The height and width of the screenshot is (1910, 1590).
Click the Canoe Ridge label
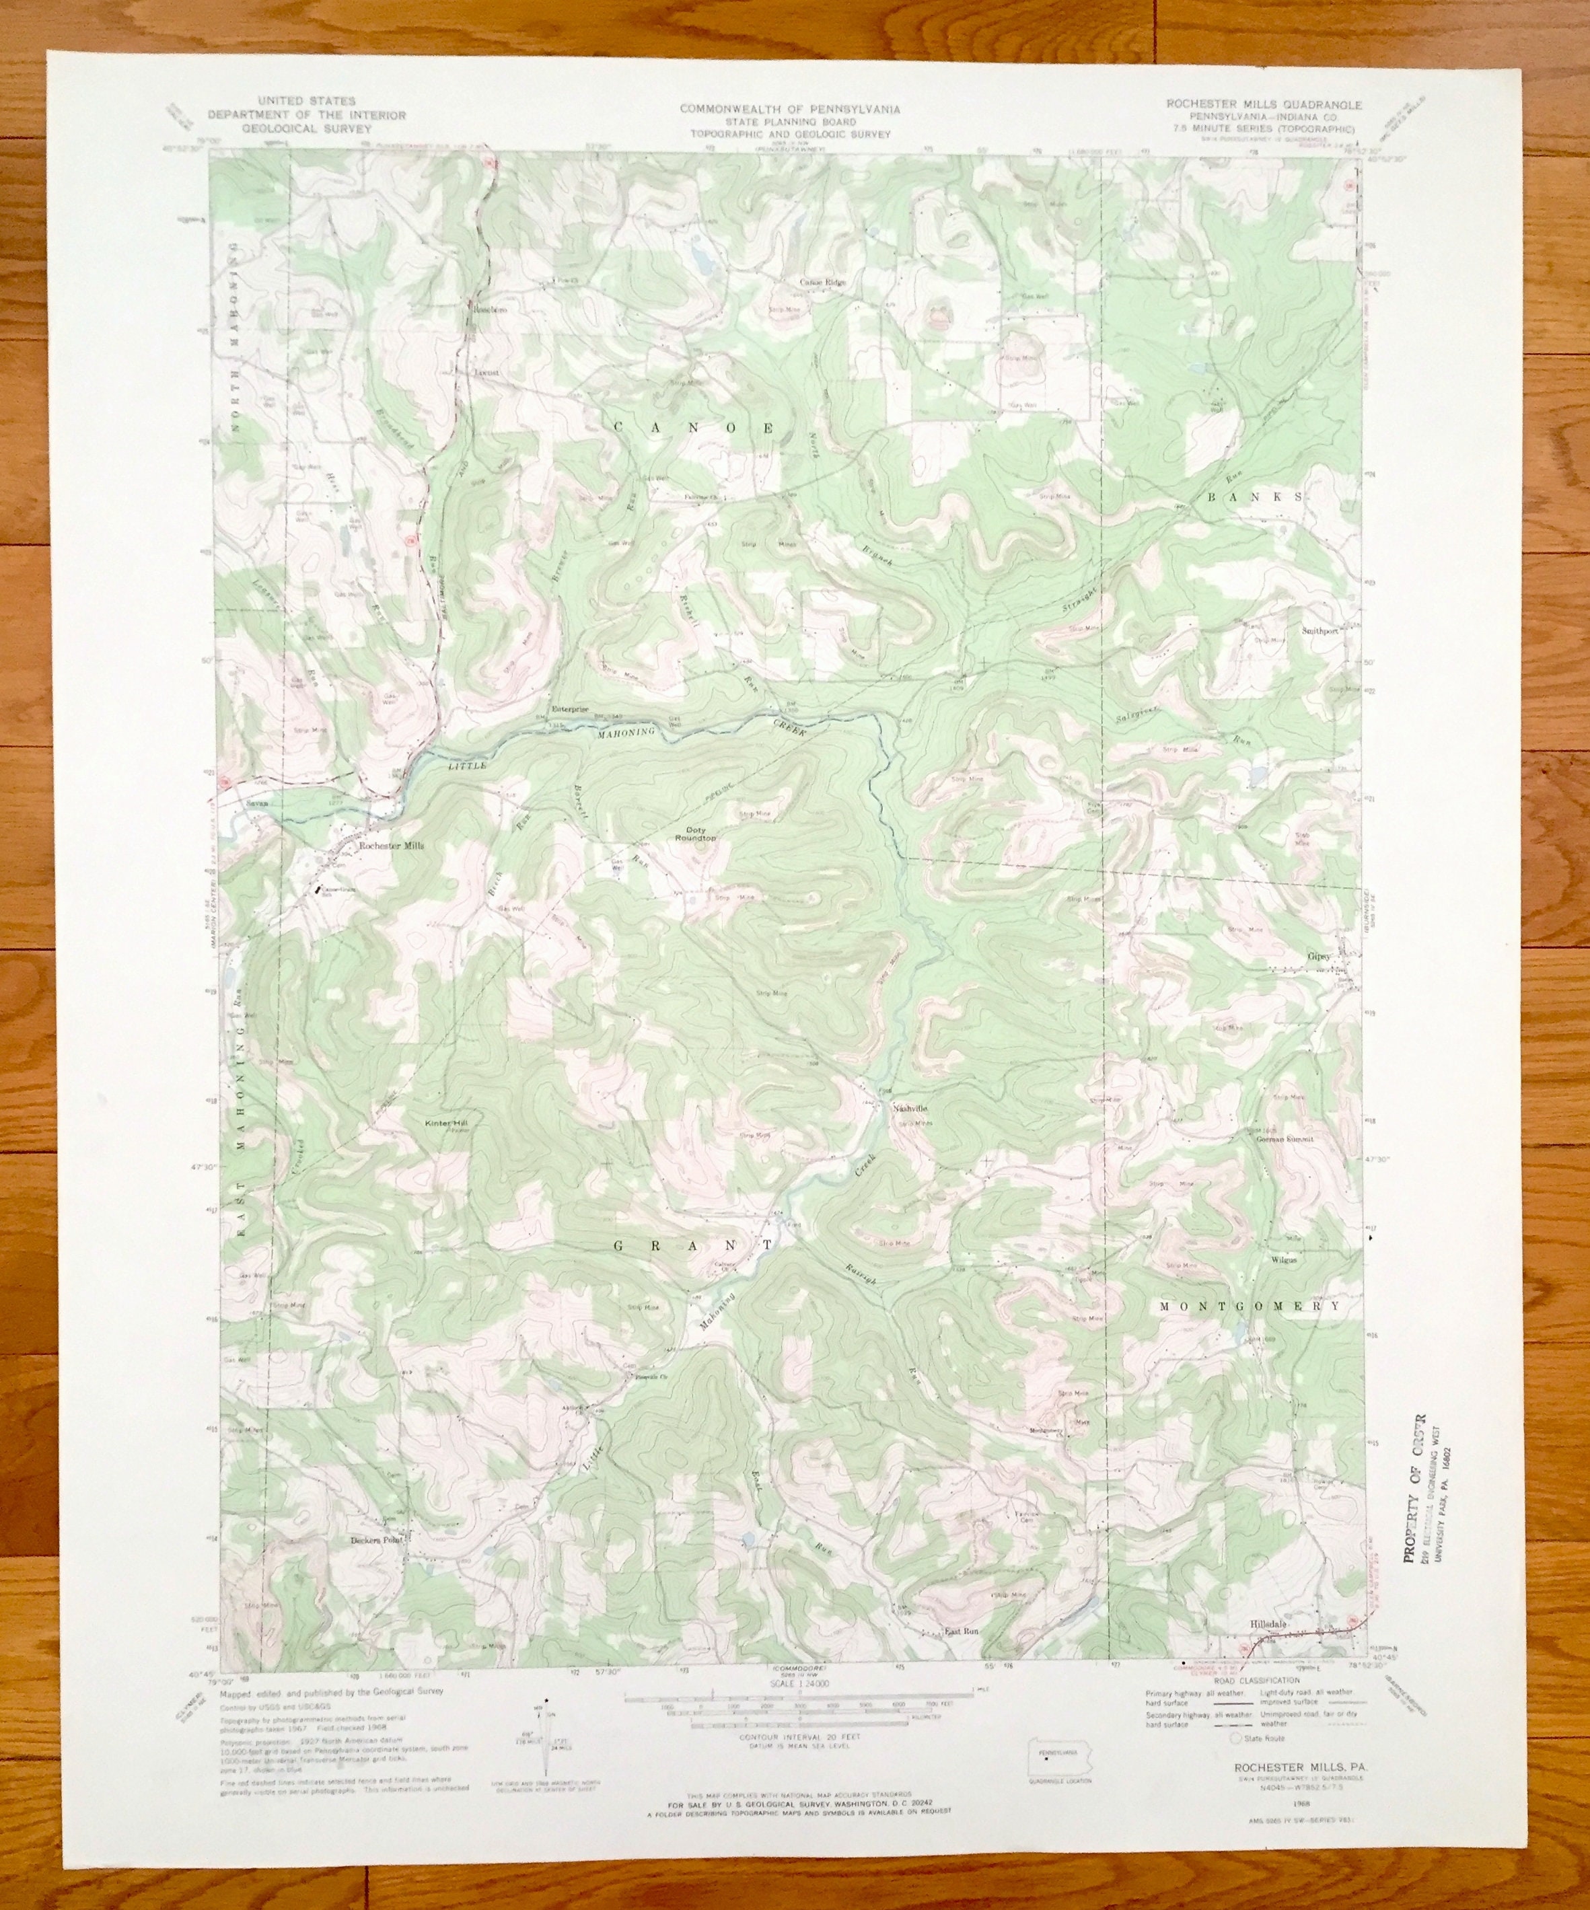pos(822,282)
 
